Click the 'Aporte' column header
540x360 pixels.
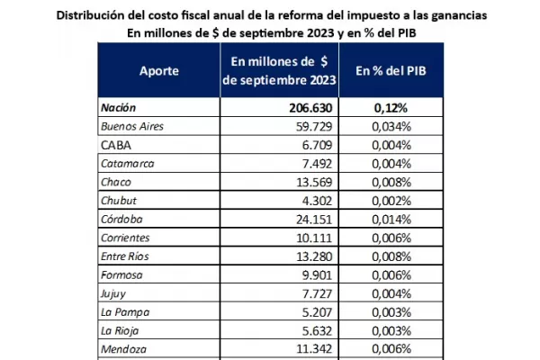coord(159,70)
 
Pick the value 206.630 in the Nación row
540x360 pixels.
coord(309,108)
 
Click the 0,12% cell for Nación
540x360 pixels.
coord(393,108)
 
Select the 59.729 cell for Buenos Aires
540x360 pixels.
coord(315,126)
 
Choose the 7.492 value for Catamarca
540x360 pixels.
coord(319,164)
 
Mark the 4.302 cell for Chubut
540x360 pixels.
coord(319,201)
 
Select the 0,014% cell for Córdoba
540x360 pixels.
coord(392,220)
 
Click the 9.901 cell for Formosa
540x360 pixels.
coord(319,275)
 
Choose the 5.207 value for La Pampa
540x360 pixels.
coord(319,313)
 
